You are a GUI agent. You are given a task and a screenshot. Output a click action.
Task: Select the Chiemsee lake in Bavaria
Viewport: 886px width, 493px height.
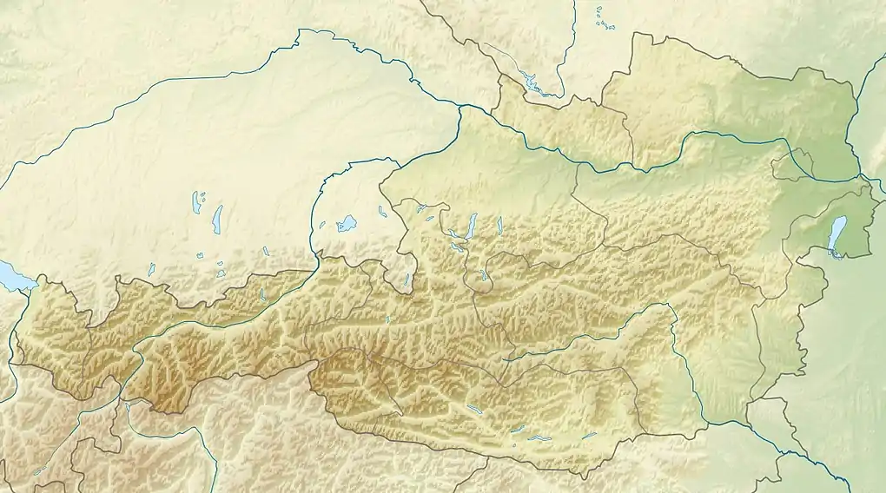(347, 223)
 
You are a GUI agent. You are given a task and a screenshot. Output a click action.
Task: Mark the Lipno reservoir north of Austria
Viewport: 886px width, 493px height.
(532, 83)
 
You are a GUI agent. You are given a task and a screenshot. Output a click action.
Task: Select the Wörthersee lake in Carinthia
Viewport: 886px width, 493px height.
(539, 438)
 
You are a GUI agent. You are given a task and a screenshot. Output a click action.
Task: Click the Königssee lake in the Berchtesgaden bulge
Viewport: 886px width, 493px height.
(407, 280)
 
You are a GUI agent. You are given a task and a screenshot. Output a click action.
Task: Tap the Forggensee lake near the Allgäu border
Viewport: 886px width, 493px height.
(151, 270)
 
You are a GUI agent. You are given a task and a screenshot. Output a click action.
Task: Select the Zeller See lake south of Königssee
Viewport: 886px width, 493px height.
(388, 319)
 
